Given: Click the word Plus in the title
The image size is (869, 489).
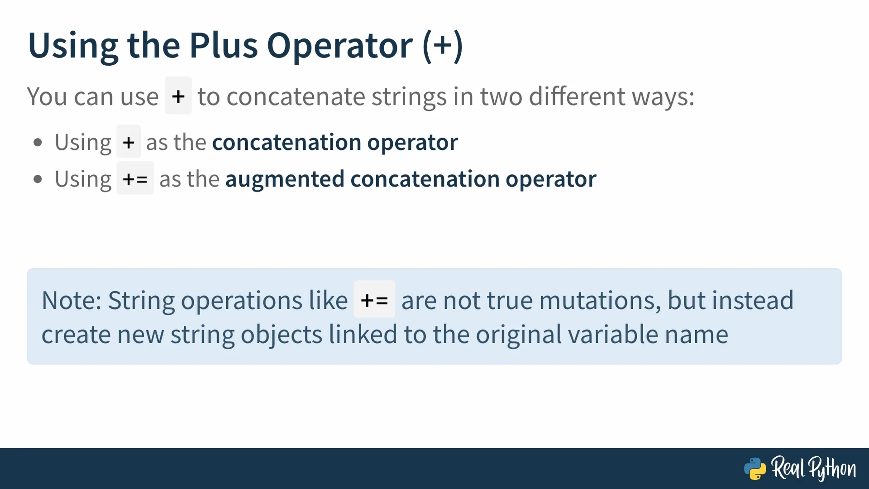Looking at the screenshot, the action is tap(223, 45).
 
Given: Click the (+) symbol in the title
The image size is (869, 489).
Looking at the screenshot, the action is tap(443, 46).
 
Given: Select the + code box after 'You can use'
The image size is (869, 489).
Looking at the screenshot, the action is tap(178, 96).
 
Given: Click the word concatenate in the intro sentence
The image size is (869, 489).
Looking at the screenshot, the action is tap(296, 96).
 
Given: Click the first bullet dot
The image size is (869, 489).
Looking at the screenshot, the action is tap(38, 143).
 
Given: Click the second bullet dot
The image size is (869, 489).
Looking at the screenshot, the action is tap(38, 179).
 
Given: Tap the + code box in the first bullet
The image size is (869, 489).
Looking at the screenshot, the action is tap(129, 142).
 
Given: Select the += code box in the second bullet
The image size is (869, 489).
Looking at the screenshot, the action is tap(135, 178).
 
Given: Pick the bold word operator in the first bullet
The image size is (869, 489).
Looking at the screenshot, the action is tap(412, 143).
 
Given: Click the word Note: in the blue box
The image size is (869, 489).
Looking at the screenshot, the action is tap(72, 300).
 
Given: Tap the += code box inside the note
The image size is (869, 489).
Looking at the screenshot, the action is tap(374, 299).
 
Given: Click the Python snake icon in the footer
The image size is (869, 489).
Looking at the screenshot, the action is tap(755, 469).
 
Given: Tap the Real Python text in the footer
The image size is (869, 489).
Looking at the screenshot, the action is tap(813, 468).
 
